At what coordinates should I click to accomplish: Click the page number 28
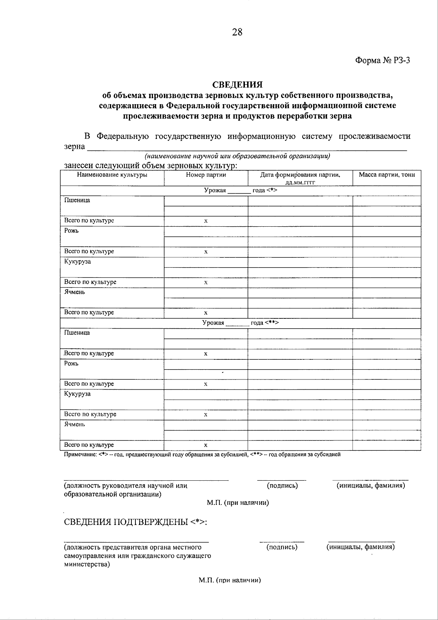click(237, 33)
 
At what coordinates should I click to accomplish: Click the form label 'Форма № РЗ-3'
click(383, 61)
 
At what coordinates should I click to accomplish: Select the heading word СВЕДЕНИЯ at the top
click(238, 85)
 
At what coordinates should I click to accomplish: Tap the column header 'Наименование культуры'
click(112, 175)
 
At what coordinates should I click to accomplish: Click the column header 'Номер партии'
click(206, 175)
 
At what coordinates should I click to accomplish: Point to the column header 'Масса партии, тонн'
click(387, 175)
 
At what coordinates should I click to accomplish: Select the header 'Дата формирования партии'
click(300, 175)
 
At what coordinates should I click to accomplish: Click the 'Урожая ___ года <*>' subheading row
click(241, 190)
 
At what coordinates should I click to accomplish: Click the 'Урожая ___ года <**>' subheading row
click(241, 323)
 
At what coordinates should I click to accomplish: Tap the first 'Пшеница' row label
click(77, 200)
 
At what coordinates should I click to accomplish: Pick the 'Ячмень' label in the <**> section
click(74, 424)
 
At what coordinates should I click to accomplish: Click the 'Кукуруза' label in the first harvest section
click(77, 262)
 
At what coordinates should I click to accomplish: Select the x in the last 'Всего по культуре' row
click(206, 445)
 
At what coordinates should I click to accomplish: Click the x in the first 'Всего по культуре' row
click(206, 221)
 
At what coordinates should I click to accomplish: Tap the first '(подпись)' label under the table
click(282, 485)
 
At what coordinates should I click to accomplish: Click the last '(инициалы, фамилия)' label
click(360, 547)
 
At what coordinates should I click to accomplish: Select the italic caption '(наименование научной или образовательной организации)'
click(237, 156)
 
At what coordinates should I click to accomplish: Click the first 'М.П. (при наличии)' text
click(238, 503)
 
